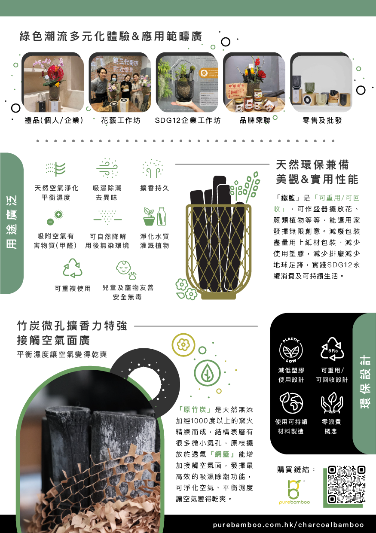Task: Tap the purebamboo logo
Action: (294, 492)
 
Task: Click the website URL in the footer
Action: (288, 525)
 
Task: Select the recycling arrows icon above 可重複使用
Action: (72, 268)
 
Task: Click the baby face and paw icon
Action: (126, 270)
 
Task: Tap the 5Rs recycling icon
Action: (332, 349)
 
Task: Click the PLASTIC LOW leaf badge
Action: (291, 350)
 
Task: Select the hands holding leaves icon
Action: (332, 402)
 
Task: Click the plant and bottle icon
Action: (155, 216)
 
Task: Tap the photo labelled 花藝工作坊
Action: (120, 83)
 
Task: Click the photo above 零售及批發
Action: (321, 83)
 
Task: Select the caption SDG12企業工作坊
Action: (188, 120)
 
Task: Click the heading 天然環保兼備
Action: (312, 164)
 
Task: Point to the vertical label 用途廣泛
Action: (12, 222)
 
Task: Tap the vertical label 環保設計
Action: (364, 382)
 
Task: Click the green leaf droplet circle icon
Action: (207, 373)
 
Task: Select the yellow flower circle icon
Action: (183, 345)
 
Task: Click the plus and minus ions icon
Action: (55, 217)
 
